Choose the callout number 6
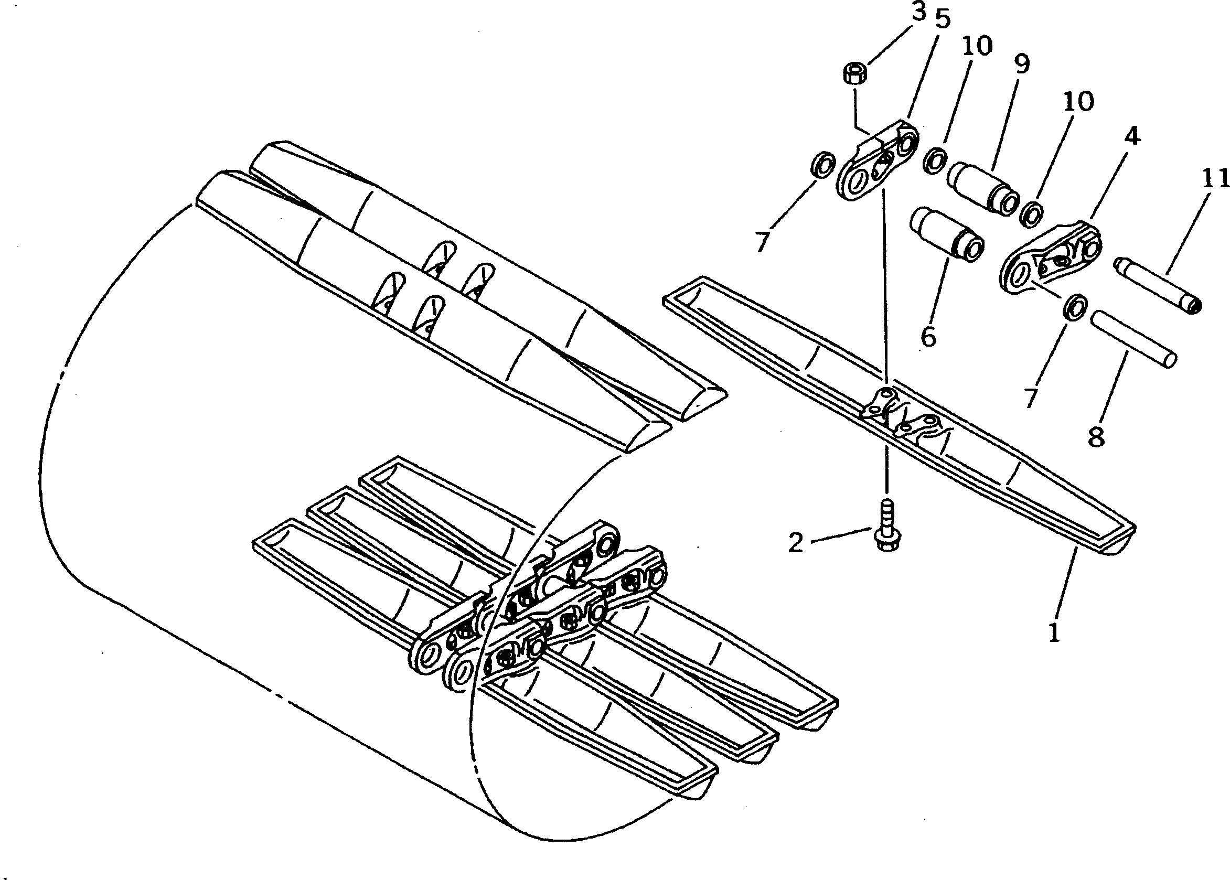[x=929, y=337]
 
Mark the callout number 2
[x=796, y=542]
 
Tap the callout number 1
[x=1054, y=632]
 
